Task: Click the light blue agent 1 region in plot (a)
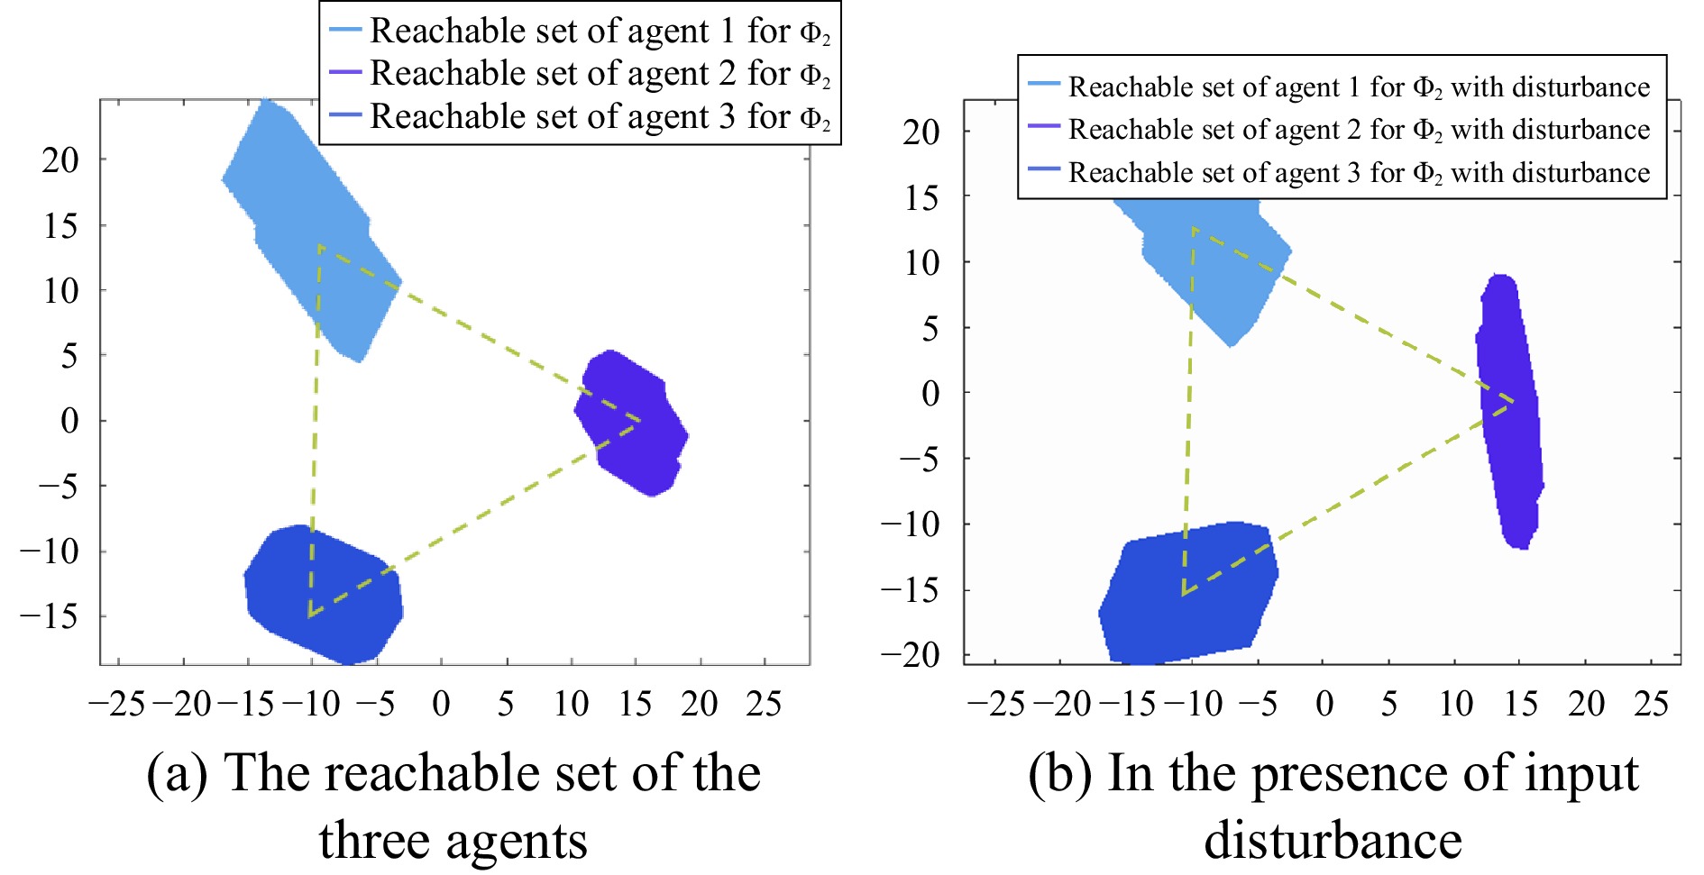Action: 307,225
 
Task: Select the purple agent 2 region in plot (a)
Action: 632,423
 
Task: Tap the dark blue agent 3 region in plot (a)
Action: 324,593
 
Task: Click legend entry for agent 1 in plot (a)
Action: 580,32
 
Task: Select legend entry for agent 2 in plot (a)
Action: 580,73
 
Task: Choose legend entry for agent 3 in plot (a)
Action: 580,116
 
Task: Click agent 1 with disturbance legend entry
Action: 1339,87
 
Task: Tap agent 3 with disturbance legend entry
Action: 1339,172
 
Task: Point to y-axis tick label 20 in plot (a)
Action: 60,160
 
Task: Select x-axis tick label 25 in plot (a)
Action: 764,704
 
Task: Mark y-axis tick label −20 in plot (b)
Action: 911,654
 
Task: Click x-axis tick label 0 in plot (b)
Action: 1324,704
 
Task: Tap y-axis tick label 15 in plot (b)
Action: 921,196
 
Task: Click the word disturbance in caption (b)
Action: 1333,840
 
